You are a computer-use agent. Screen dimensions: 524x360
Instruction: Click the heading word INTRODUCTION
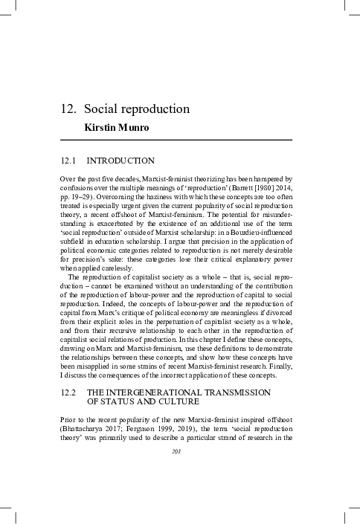click(x=120, y=161)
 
